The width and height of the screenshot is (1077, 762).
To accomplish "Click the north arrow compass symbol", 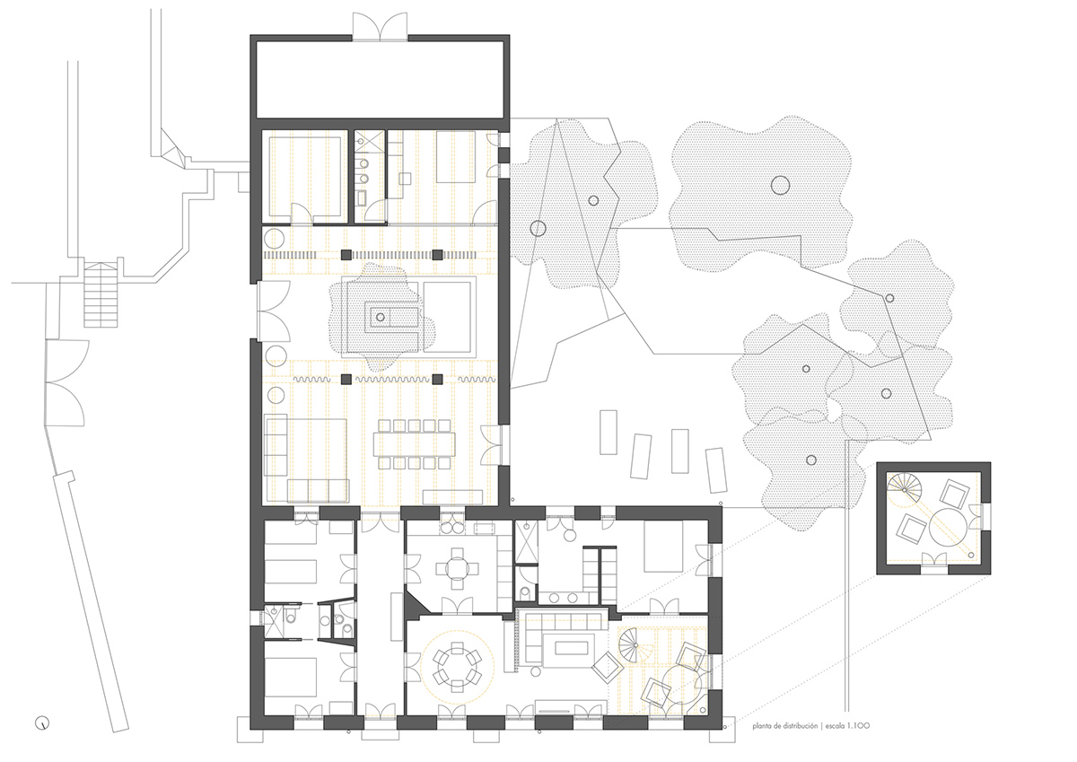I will coord(42,722).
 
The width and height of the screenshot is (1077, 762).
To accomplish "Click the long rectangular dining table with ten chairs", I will coord(416,443).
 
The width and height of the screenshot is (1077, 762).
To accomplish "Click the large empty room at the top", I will coord(381,78).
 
